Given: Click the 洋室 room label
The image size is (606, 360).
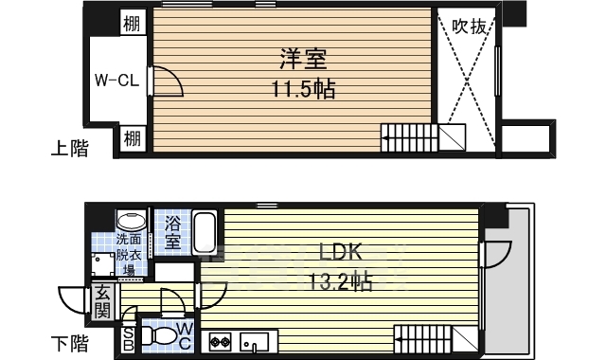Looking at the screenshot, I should (x=302, y=59).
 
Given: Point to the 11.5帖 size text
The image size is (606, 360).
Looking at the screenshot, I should (x=302, y=90).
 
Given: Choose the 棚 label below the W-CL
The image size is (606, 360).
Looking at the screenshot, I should (x=133, y=138).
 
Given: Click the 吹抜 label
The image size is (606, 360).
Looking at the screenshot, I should (x=469, y=27).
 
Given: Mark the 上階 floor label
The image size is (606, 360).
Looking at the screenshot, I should (x=69, y=149).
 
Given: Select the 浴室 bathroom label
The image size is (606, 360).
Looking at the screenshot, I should (x=173, y=233).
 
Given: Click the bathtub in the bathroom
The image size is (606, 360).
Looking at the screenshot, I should (x=205, y=234).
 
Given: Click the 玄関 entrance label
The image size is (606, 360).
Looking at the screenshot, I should (x=102, y=303).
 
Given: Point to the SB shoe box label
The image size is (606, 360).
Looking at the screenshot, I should (x=129, y=339).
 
